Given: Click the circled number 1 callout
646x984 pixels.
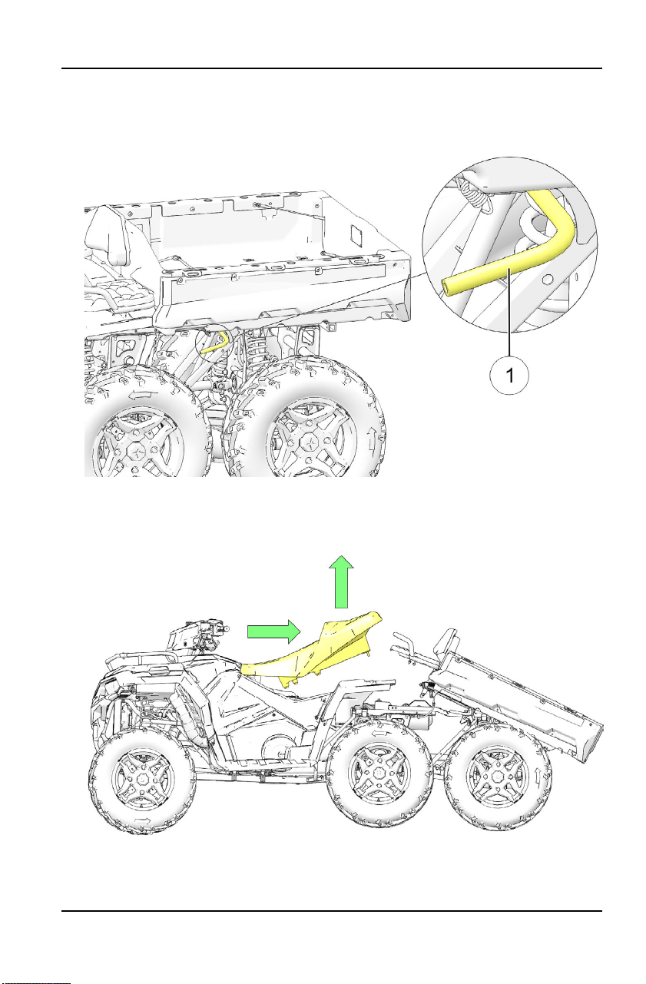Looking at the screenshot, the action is click(x=509, y=375).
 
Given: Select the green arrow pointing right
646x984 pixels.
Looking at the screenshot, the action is click(x=274, y=631).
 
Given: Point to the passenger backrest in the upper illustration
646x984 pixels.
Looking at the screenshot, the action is click(x=108, y=235).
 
